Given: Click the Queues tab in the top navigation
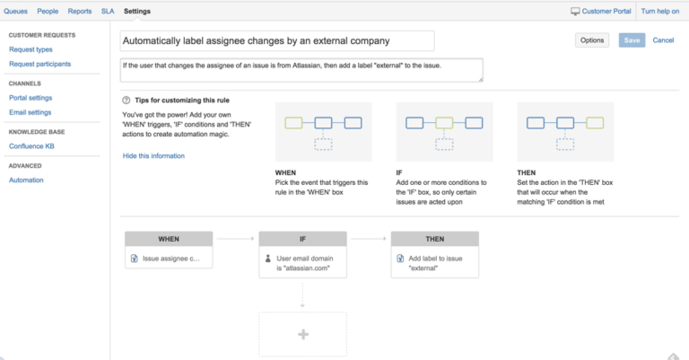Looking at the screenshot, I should point(17,11).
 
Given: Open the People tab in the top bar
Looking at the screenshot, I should point(48,11).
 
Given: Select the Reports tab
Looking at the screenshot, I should point(80,11).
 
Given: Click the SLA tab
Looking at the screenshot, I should point(108,11).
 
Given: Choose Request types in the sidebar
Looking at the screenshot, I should point(31,49).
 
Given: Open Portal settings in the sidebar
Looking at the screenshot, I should point(31,97).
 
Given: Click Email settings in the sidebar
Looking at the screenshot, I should point(30,112).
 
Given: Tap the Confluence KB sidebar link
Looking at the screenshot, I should point(32,145).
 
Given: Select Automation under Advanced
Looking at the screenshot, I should point(26,180).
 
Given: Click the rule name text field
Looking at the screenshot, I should point(277,40).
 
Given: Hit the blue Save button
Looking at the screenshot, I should point(632,40).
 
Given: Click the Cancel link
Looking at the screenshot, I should point(663,40).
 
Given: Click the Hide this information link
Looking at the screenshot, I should point(153,155).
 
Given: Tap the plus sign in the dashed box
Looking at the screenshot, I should point(302,334).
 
